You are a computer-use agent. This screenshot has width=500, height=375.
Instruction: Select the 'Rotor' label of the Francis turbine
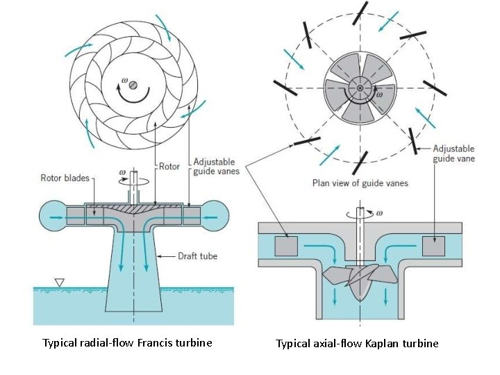(x=170, y=167)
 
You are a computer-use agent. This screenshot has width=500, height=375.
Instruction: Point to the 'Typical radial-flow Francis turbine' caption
(x=127, y=342)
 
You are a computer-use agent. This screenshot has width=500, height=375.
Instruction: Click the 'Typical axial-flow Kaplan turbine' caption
(x=357, y=343)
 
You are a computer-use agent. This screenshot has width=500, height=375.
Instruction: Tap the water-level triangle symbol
(x=59, y=283)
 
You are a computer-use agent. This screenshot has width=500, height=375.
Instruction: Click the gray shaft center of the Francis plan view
(x=133, y=85)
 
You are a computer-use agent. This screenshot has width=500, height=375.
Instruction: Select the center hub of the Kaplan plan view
(x=360, y=88)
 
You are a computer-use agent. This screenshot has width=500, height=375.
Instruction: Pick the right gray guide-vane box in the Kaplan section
(x=434, y=247)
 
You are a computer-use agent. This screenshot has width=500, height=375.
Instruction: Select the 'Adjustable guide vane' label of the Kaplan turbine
(x=453, y=153)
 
